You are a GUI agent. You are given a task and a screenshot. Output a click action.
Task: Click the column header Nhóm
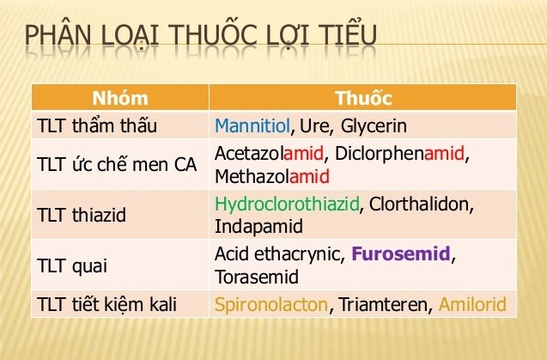119,96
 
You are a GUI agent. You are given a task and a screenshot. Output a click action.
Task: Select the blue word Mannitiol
253,126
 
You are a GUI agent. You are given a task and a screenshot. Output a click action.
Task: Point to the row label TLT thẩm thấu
97,126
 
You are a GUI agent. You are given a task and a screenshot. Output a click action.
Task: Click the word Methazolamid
272,177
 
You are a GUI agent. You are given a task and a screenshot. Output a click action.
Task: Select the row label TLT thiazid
82,215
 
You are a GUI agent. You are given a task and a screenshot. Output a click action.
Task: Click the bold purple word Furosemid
400,255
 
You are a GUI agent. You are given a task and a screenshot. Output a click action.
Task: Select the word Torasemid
257,278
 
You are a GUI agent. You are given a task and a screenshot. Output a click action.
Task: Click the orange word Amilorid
472,304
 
